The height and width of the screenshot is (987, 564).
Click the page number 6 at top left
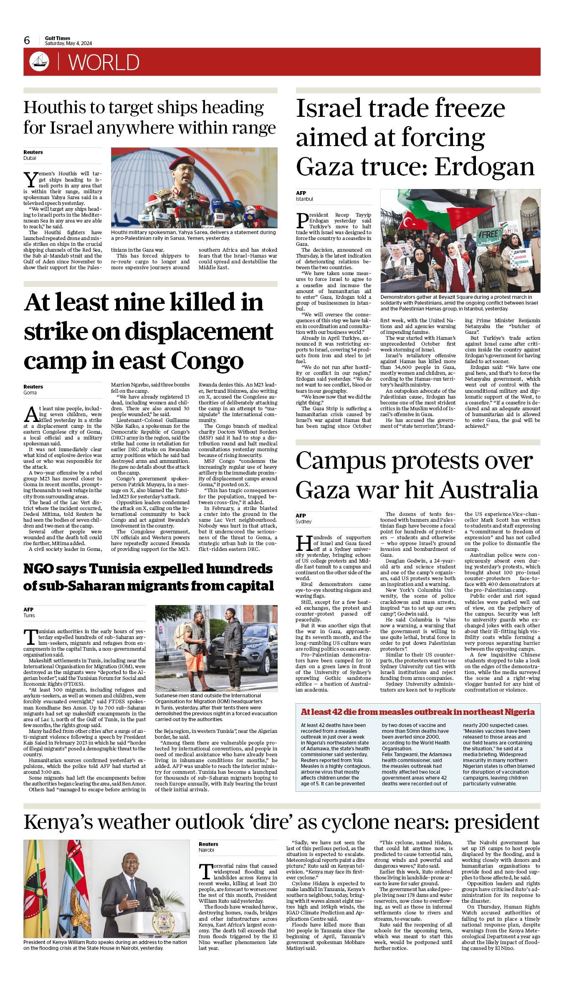[27, 40]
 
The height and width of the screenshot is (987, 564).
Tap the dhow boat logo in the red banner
[39, 62]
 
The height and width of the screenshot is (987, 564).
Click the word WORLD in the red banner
[104, 63]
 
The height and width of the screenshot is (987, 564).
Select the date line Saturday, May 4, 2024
[68, 43]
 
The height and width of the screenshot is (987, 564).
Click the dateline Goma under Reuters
[30, 393]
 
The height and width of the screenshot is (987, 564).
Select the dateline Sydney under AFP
[303, 522]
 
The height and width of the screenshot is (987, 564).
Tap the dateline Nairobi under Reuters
[207, 850]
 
